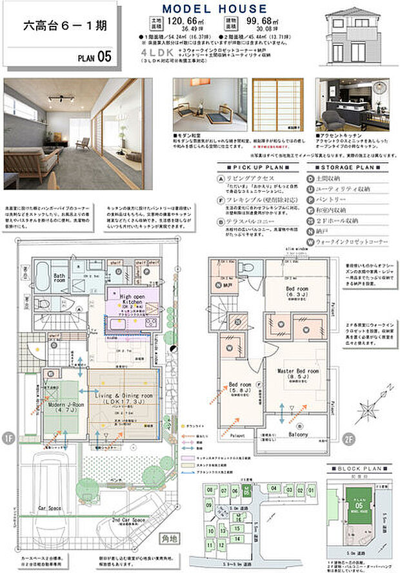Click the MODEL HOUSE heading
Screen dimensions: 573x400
click(214, 8)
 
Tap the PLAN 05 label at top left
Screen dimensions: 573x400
click(95, 57)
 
